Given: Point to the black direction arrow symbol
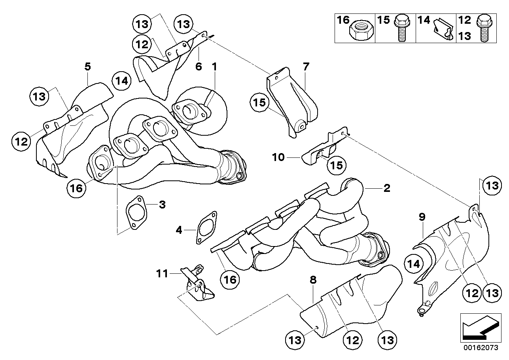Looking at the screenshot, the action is click(481, 328).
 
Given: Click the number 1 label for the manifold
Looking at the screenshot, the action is click(214, 66).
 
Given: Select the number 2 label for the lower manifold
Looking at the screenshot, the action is click(387, 188).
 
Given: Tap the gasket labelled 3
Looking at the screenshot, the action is click(136, 212).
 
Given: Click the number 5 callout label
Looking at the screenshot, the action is click(87, 66).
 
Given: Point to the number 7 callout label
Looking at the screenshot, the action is click(306, 66).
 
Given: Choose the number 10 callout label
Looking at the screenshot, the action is click(278, 157).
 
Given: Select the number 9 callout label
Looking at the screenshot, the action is click(422, 217).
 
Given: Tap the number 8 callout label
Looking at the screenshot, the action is click(313, 280).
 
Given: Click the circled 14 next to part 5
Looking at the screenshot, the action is click(122, 81).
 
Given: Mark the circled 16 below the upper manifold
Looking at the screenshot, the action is click(76, 188).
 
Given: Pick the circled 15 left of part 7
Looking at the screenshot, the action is click(259, 102).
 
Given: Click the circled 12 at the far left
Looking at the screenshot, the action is click(21, 142).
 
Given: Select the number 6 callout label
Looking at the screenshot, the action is click(199, 66).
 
